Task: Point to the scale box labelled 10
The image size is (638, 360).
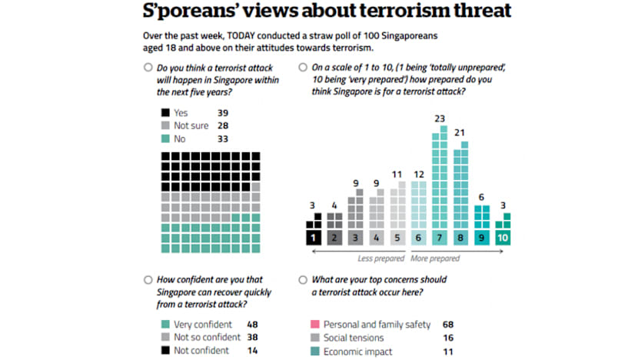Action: click(502, 238)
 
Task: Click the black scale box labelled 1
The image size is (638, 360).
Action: click(313, 238)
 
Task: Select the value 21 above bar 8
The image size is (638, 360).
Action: click(460, 132)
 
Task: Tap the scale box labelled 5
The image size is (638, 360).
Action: click(397, 238)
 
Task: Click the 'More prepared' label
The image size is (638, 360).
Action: click(437, 258)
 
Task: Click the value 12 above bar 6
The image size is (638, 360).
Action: click(418, 174)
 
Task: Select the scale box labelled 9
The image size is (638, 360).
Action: click(481, 238)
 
